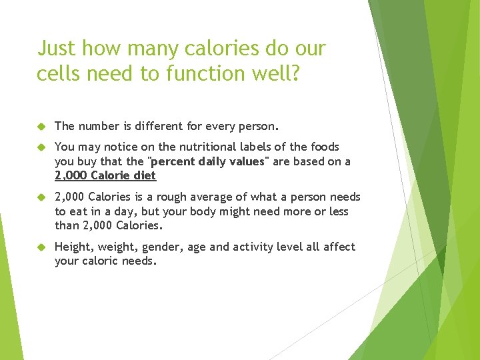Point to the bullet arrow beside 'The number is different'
41,126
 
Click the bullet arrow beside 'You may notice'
41,147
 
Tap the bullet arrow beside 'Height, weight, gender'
41,247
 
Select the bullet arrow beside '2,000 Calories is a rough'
41,197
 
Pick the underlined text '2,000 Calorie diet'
105,175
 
